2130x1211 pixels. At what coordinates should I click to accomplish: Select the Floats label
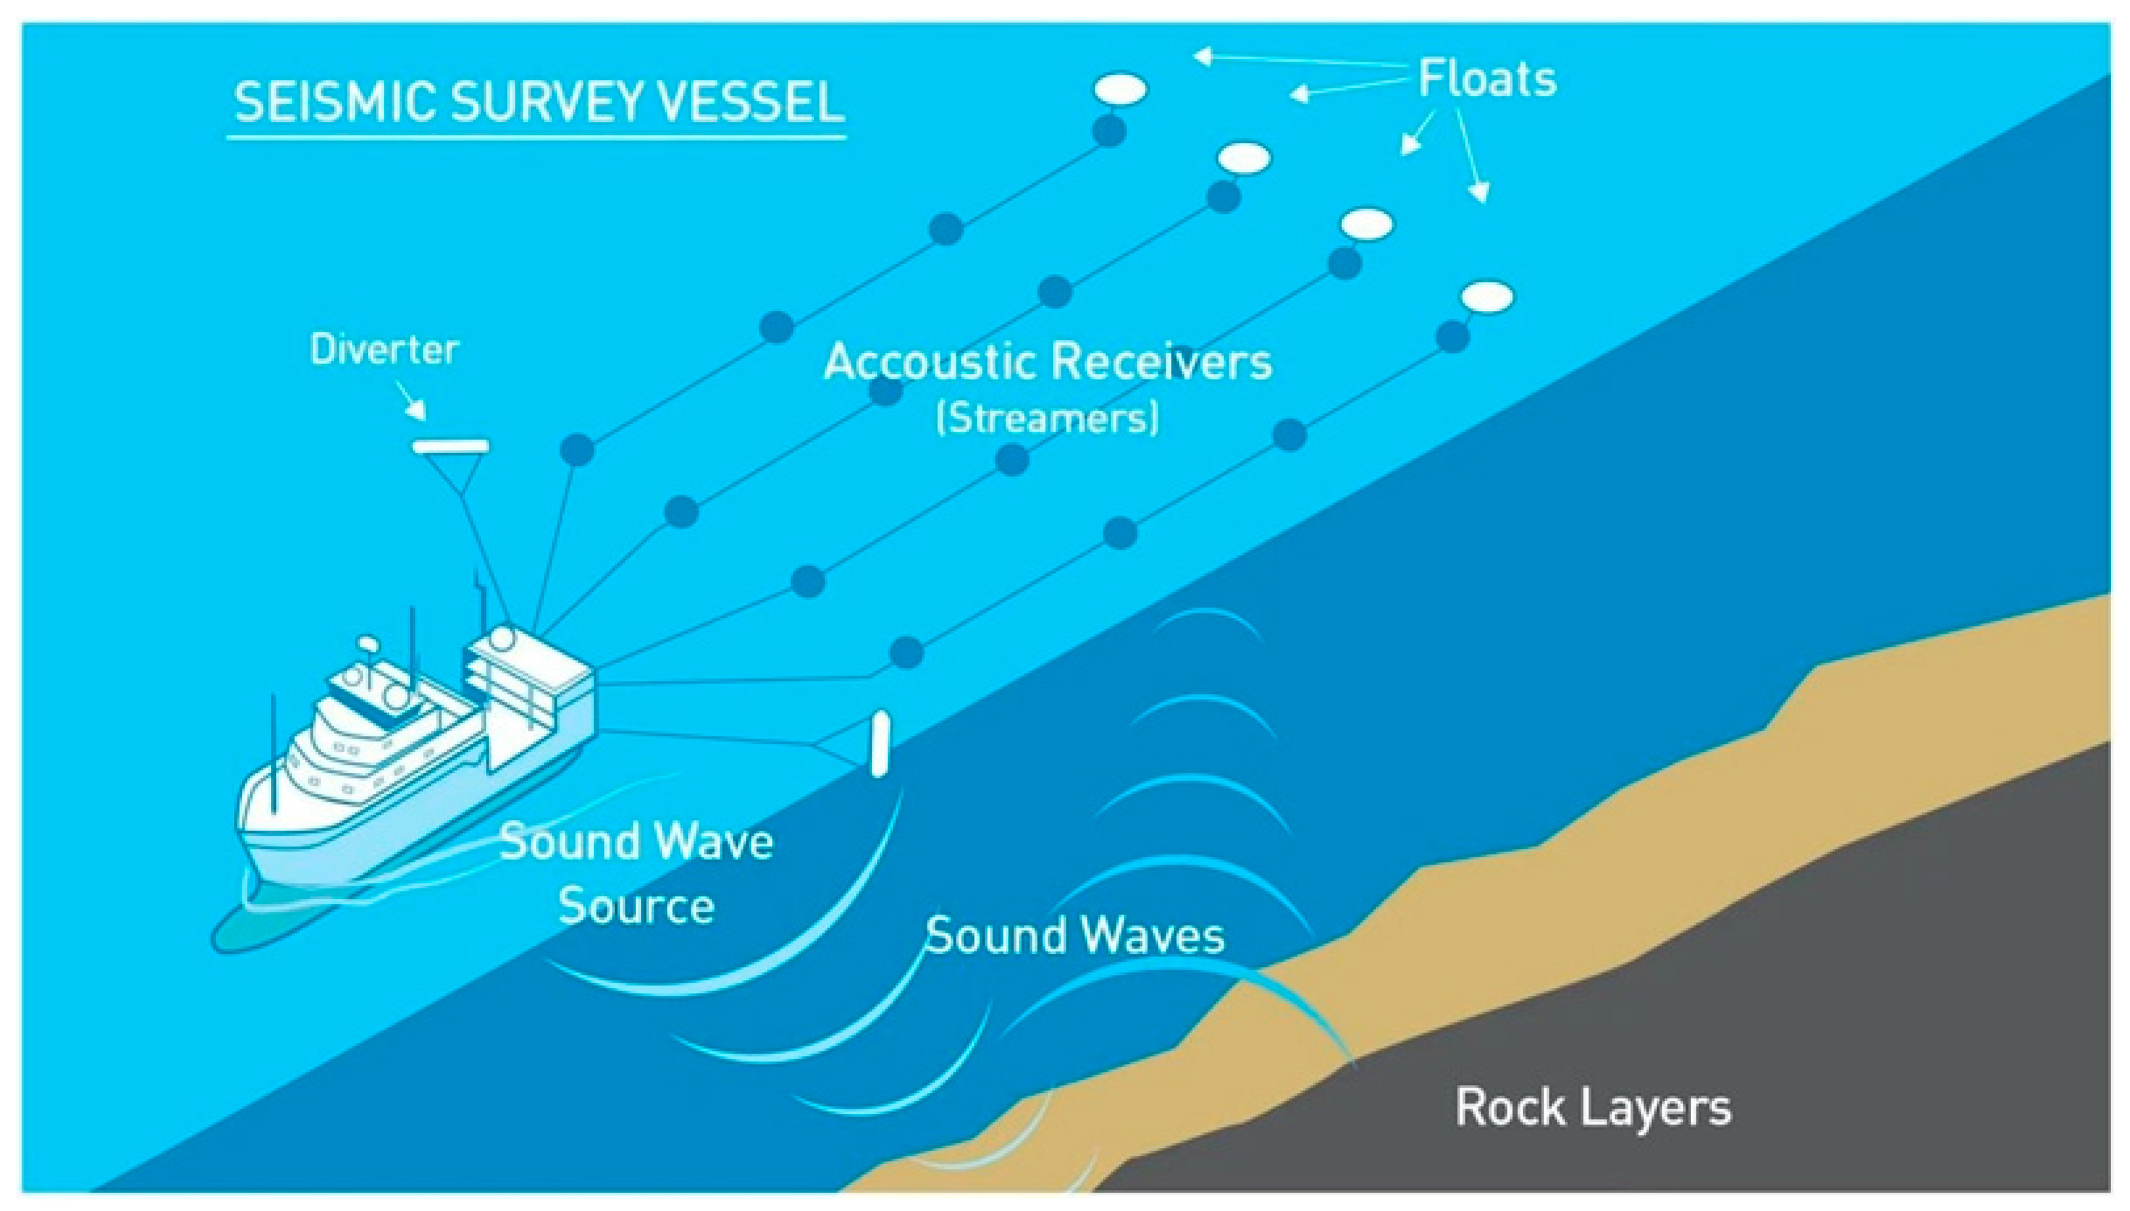pos(1487,79)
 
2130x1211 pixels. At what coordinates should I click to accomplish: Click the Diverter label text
pos(384,349)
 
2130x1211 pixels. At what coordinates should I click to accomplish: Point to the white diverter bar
pos(451,447)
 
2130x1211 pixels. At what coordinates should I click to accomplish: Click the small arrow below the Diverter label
pos(412,401)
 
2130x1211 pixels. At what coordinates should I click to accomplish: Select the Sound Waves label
pos(1075,935)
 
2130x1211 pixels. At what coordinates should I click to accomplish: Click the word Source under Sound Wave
pos(636,906)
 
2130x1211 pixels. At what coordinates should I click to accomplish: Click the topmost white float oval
pos(1120,89)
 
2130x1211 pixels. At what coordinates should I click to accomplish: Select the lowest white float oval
pos(1488,297)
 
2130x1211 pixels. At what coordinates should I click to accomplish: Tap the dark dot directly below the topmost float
pos(1109,131)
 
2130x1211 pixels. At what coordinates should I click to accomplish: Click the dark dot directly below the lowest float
pos(1453,337)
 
